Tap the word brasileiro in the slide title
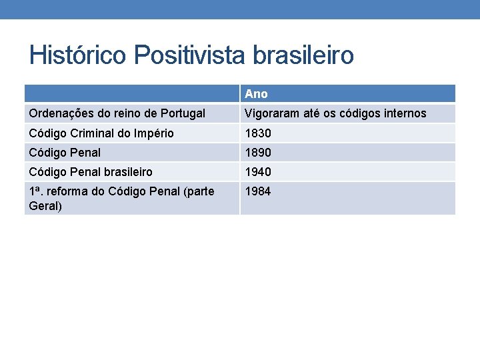[x=303, y=55]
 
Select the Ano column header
[x=256, y=94]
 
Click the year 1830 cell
[x=258, y=133]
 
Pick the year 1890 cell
[x=258, y=153]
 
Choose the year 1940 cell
[x=258, y=172]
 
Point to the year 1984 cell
[x=258, y=192]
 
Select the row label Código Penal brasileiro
[x=91, y=172]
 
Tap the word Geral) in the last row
[x=45, y=206]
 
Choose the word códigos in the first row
[x=358, y=113]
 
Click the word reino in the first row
[x=123, y=113]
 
